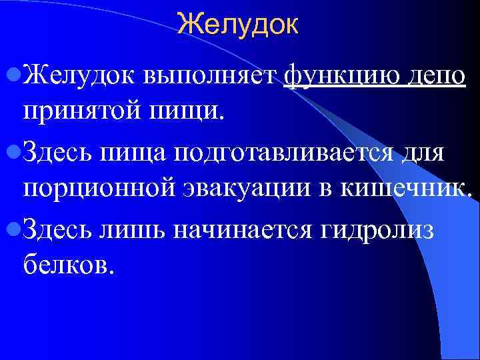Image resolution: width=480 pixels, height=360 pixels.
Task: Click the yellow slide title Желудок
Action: pyautogui.click(x=239, y=25)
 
